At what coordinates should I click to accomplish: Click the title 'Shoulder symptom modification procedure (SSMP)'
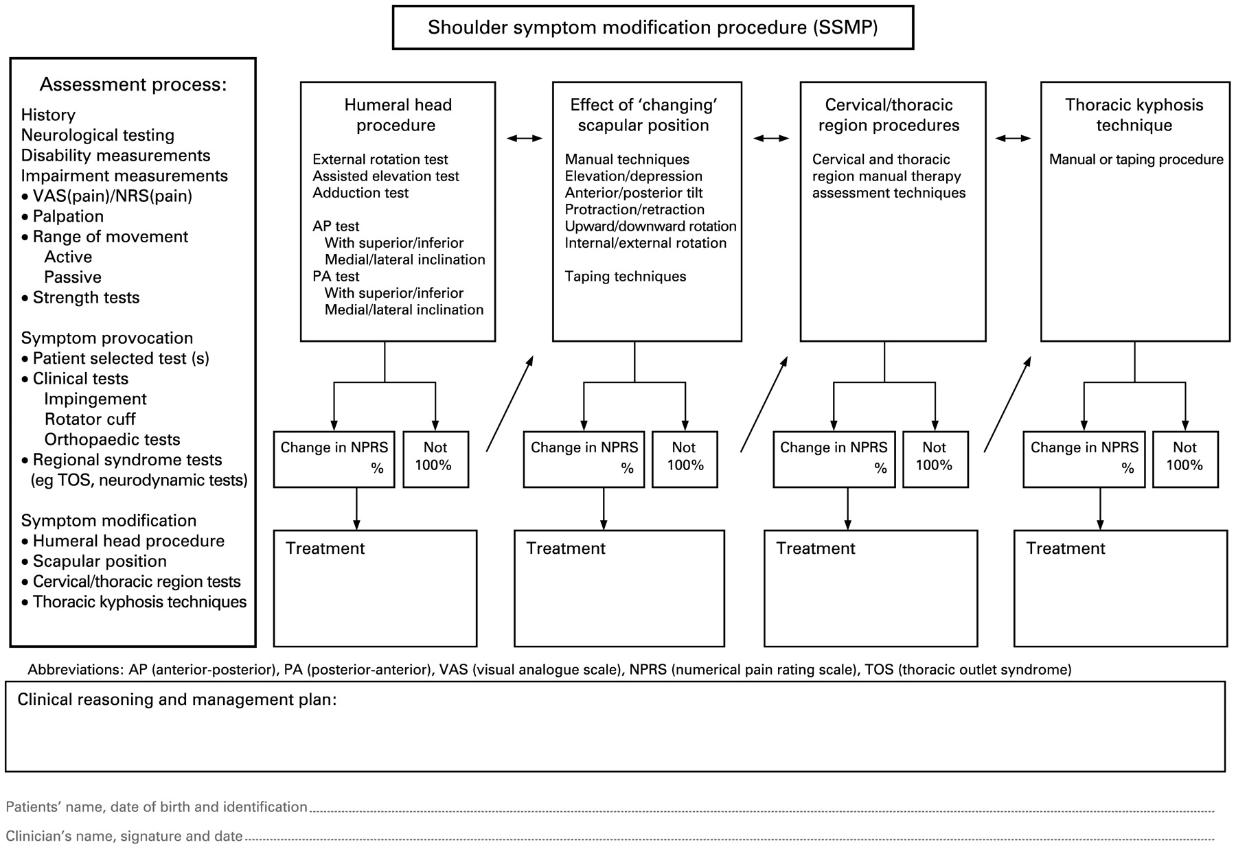pos(652,27)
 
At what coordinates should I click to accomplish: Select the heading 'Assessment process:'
pos(133,84)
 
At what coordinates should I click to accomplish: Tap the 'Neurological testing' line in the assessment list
pos(98,135)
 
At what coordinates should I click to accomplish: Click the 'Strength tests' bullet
pos(86,298)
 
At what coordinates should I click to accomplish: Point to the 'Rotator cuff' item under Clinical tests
pos(90,419)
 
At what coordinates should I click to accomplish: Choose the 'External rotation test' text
pos(380,159)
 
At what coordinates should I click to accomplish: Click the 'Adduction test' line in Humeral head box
pos(360,193)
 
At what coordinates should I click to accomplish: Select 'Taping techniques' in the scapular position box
pos(625,277)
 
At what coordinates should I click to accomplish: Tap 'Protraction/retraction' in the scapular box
pos(634,210)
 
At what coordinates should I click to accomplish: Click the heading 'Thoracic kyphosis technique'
pos(1134,115)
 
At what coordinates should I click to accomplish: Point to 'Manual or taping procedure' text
pos(1136,160)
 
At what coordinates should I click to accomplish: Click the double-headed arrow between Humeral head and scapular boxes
pos(524,139)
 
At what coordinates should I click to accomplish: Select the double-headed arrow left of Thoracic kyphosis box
pos(1013,139)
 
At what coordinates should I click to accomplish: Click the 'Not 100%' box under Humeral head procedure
pos(435,458)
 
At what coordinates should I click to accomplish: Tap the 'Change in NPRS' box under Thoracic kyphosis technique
pos(1084,458)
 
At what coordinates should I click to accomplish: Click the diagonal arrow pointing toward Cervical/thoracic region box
pos(764,404)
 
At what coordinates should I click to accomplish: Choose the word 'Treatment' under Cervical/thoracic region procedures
pos(815,548)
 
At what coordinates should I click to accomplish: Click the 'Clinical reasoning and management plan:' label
pos(176,699)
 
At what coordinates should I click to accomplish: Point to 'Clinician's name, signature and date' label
pos(124,836)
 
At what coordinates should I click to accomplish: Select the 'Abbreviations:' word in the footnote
pos(76,669)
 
